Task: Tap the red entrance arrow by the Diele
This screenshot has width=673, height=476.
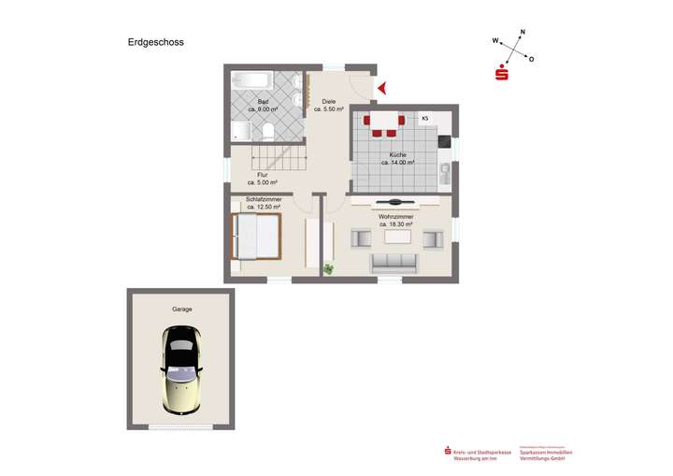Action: (x=381, y=89)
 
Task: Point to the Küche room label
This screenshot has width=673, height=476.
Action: (x=397, y=154)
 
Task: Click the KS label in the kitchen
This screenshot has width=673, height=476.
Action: (x=424, y=118)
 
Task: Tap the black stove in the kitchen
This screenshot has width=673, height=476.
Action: (x=443, y=142)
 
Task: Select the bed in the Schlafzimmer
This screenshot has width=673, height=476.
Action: (x=255, y=236)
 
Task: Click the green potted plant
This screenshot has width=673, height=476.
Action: (x=328, y=269)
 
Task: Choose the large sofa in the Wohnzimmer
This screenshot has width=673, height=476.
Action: (x=396, y=263)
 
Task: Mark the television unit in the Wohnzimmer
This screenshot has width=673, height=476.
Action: (x=396, y=202)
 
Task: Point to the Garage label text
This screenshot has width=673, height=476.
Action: (x=181, y=309)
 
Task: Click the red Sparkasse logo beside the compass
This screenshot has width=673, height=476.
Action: (x=502, y=74)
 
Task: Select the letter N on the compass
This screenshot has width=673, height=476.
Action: (x=523, y=33)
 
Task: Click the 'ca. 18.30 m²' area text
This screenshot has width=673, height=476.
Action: (x=396, y=224)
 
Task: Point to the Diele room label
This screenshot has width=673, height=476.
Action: (x=329, y=101)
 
